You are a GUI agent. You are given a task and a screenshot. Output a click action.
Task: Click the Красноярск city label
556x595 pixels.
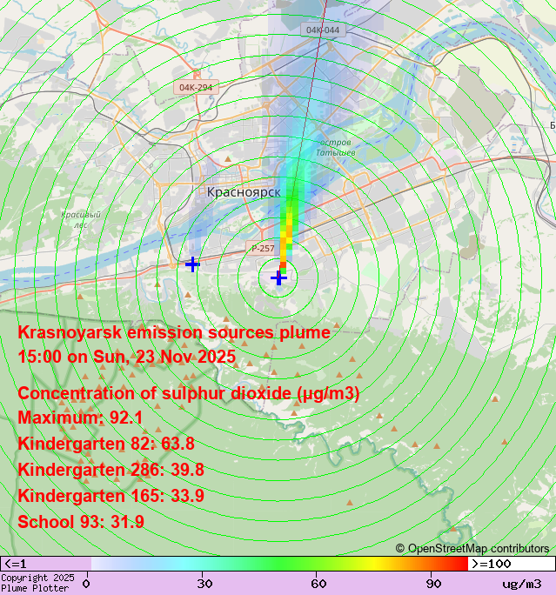point(244,192)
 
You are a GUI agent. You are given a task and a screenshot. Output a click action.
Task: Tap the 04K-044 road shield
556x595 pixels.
point(323,30)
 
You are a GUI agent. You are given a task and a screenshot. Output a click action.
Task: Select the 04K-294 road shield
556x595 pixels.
point(196,88)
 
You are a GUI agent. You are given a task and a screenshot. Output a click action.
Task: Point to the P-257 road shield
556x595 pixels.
point(263,249)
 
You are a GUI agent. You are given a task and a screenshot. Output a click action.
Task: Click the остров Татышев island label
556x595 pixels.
point(335,147)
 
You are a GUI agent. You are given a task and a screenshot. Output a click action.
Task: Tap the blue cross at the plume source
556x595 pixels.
point(278,277)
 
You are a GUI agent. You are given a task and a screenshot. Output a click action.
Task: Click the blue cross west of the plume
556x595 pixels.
point(192,264)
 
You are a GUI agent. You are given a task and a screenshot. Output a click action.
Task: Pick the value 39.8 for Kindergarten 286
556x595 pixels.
point(187,471)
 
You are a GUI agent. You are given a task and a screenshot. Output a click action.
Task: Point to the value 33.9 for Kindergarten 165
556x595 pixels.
point(187,497)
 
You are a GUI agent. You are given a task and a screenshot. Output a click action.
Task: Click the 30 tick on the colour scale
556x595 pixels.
point(205,584)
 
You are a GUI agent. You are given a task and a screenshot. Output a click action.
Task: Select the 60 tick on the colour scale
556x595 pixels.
point(319,584)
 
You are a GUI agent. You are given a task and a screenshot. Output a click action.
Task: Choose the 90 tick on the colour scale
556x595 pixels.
point(433,584)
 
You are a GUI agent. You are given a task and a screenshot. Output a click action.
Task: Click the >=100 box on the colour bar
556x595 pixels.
point(511,564)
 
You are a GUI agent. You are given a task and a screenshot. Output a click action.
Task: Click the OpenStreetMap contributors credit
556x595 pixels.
point(472,549)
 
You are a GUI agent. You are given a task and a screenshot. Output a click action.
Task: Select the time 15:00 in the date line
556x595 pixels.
point(40,358)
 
